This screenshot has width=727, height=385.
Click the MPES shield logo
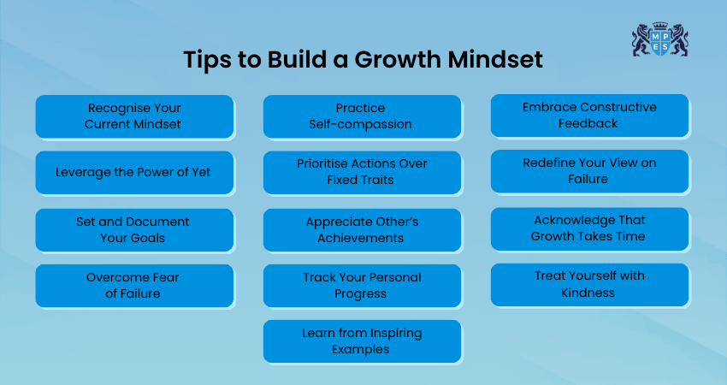[x=659, y=39]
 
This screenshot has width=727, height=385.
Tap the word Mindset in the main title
[x=495, y=59]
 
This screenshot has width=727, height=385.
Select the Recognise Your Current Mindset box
[x=134, y=116]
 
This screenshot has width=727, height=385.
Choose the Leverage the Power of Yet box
[x=134, y=172]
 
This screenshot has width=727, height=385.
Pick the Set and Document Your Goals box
[x=134, y=229]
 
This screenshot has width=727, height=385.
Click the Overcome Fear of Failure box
[x=134, y=285]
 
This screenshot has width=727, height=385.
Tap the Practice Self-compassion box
[x=362, y=116]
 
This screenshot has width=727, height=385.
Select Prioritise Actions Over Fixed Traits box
[x=362, y=172]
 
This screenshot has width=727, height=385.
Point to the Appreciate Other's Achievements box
[x=362, y=229]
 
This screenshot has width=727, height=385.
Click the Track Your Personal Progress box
[x=362, y=285]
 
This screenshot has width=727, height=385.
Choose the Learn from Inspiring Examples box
[x=362, y=341]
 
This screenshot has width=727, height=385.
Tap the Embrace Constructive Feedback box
[x=590, y=115]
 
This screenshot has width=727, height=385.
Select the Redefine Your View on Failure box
[x=590, y=171]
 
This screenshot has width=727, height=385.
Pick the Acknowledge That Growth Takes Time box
[x=590, y=228]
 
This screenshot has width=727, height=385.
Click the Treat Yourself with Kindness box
[x=590, y=284]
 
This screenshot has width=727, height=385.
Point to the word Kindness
[x=588, y=293]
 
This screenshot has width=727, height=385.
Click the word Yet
[x=201, y=172]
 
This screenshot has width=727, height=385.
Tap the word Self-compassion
[x=361, y=124]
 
